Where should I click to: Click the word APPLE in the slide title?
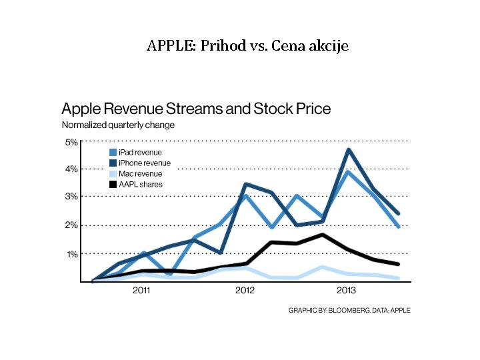click(168, 46)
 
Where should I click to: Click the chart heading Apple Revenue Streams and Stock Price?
click(196, 109)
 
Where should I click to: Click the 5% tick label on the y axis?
click(71, 141)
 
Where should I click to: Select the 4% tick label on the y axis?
click(71, 169)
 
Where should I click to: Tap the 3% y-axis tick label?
click(71, 197)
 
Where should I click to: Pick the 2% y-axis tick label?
click(71, 225)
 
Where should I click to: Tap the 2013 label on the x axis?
click(346, 291)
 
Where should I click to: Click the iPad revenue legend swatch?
click(113, 153)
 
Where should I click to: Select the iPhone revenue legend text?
click(144, 163)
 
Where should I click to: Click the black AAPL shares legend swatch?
click(113, 184)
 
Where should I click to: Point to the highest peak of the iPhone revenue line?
click(348, 150)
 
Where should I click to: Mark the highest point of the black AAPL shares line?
click(322, 235)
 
